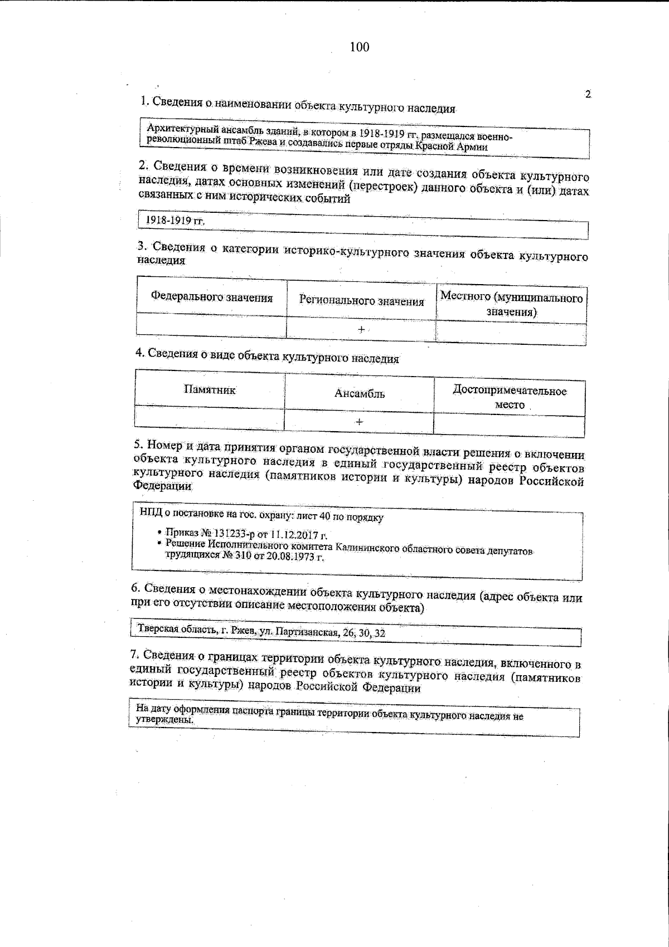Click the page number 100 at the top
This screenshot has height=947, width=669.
[359, 47]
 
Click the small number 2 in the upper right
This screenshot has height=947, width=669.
[587, 94]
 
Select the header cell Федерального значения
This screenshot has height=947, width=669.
[212, 297]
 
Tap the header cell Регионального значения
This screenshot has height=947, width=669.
[361, 301]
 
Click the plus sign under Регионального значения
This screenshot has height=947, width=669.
[361, 329]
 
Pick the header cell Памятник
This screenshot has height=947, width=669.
[210, 390]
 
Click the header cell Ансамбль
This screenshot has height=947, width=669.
[360, 394]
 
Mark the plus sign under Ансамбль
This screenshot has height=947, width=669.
[360, 422]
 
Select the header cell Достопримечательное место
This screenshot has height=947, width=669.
[510, 397]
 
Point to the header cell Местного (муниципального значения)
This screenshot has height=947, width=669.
[511, 304]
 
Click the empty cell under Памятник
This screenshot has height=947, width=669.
[210, 419]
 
